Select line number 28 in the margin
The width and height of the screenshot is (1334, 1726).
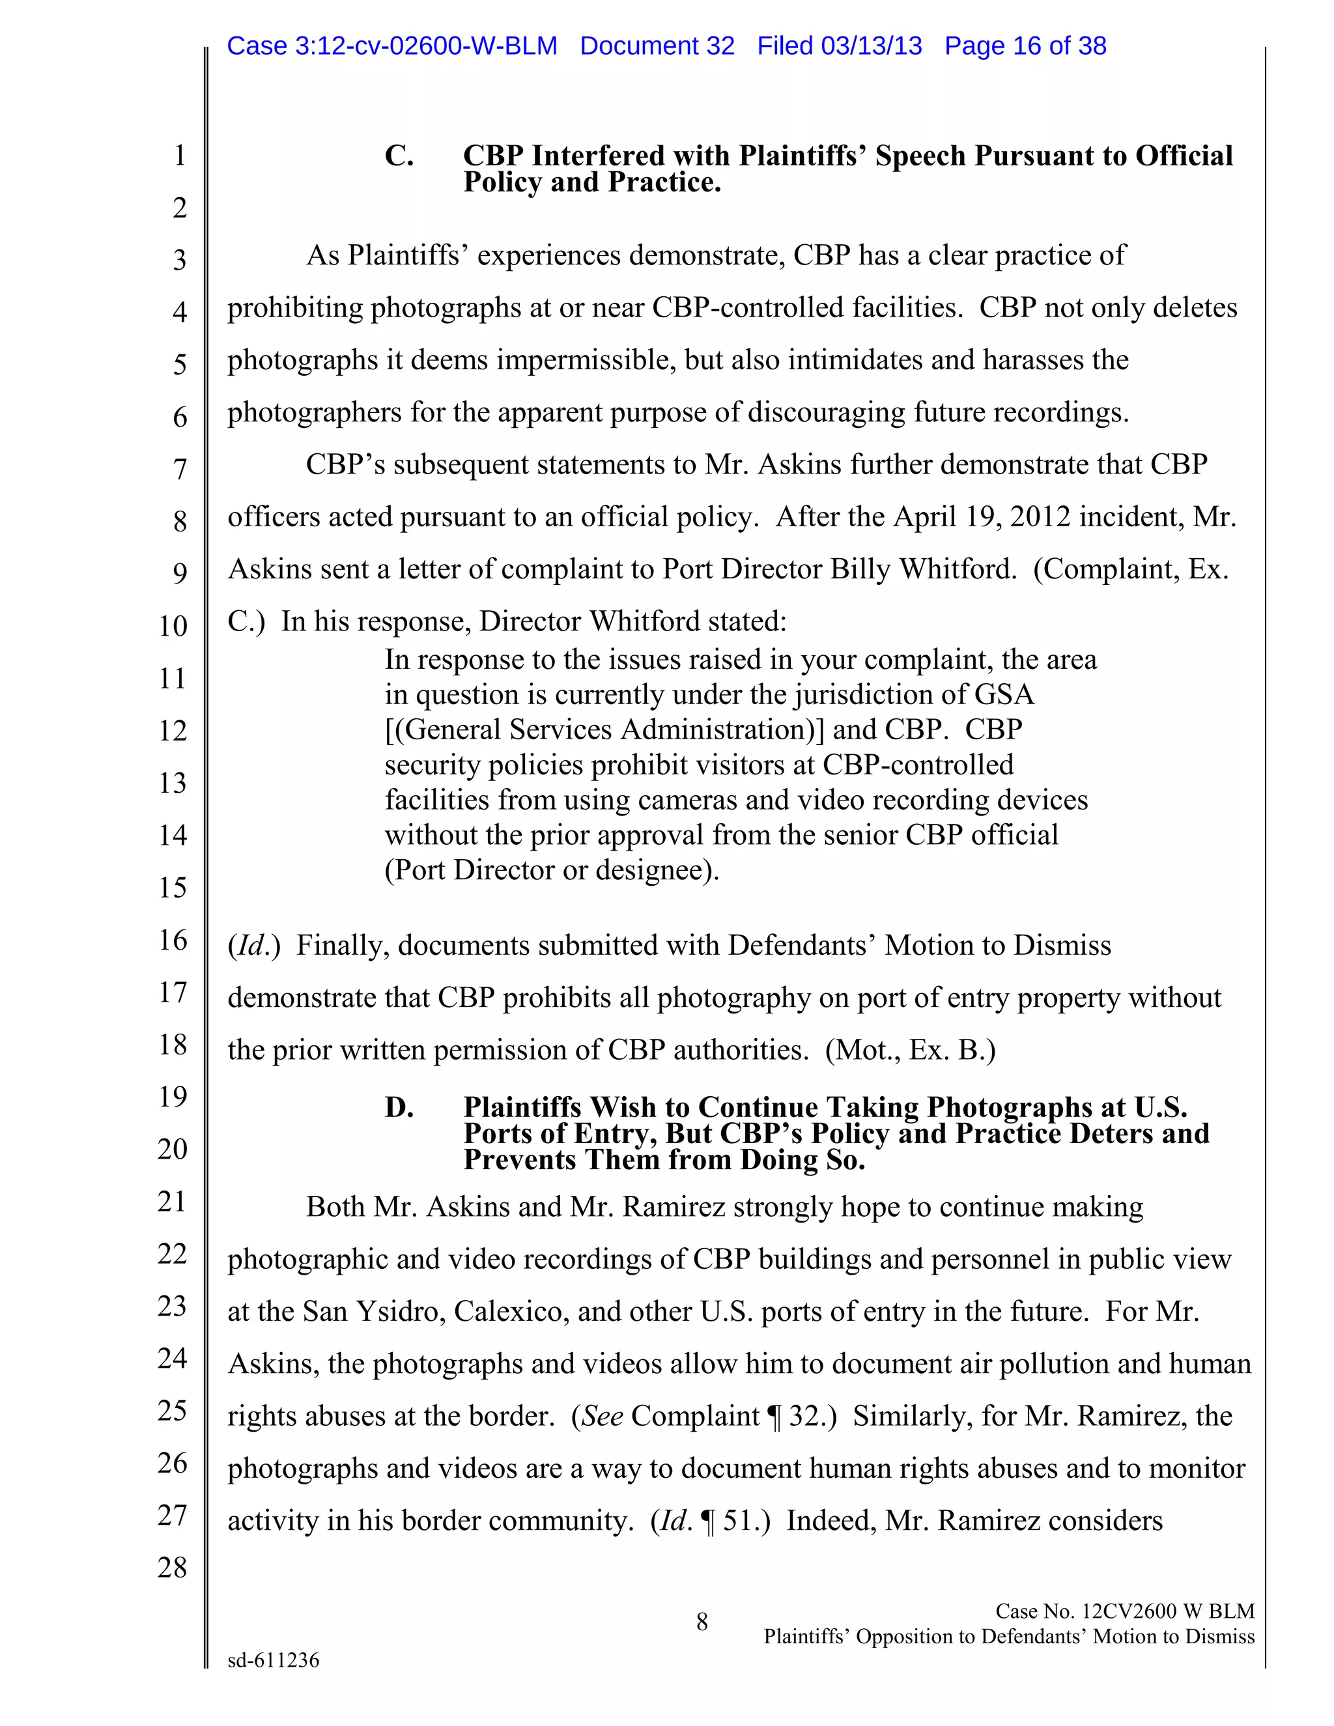pos(172,1567)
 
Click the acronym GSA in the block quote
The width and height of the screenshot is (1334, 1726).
pos(1004,695)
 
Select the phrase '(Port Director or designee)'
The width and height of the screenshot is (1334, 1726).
pos(552,870)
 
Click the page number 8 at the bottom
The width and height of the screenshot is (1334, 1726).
pos(702,1622)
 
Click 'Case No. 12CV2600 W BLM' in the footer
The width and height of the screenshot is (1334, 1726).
pos(1124,1611)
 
